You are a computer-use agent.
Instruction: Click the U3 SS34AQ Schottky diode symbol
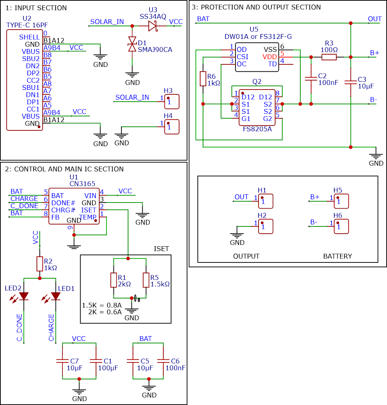pyautogui.click(x=153, y=26)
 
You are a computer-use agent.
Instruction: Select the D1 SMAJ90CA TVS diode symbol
pyautogui.click(x=132, y=44)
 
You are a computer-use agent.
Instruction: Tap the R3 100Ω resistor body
pyautogui.click(x=329, y=57)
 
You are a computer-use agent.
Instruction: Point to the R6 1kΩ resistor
pyautogui.click(x=203, y=79)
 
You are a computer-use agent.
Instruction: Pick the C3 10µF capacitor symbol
pyautogui.click(x=351, y=82)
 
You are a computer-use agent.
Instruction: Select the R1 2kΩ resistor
pyautogui.click(x=114, y=280)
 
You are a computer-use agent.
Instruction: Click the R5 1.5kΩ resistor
pyautogui.click(x=146, y=280)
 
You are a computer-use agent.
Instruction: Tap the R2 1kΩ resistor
pyautogui.click(x=40, y=264)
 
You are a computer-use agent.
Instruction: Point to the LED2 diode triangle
pyautogui.click(x=24, y=296)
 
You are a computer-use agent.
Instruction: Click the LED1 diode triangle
pyautogui.click(x=56, y=296)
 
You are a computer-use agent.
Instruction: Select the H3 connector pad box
pyautogui.click(x=172, y=102)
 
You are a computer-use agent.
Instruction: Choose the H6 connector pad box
pyautogui.click(x=341, y=226)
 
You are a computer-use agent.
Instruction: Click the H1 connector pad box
pyautogui.click(x=266, y=201)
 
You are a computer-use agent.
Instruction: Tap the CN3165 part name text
pyautogui.click(x=83, y=183)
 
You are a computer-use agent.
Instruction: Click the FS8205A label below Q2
pyautogui.click(x=257, y=129)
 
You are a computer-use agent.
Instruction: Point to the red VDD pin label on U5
pyautogui.click(x=269, y=57)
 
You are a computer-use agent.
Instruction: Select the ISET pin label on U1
pyautogui.click(x=88, y=210)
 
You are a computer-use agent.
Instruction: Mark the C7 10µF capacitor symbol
pyautogui.click(x=62, y=361)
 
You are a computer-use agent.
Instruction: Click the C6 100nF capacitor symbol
pyautogui.click(x=163, y=361)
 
